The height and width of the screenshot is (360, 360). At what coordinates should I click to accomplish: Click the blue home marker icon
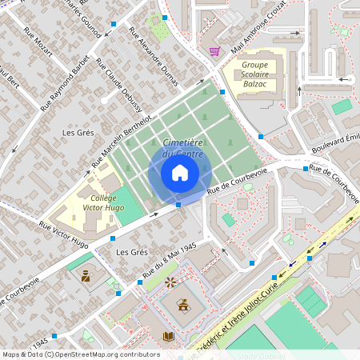[180, 173]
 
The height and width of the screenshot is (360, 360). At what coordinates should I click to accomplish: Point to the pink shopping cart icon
[214, 51]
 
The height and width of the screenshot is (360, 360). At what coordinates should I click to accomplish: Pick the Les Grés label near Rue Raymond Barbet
[78, 131]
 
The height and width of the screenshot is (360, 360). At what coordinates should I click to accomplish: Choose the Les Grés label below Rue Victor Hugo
[133, 252]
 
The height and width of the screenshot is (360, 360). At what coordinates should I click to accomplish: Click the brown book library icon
[168, 337]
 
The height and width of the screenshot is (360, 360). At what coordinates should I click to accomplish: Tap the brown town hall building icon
[183, 304]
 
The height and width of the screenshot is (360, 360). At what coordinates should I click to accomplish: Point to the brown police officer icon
[86, 278]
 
